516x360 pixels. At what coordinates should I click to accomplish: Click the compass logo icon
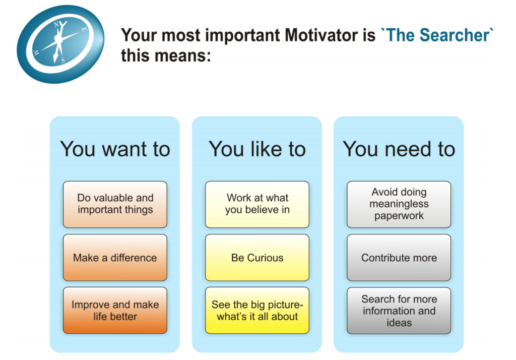(60, 44)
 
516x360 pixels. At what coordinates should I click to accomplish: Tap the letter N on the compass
(56, 24)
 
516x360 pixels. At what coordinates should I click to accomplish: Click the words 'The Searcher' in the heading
(437, 35)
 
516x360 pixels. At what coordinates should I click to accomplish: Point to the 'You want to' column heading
(115, 149)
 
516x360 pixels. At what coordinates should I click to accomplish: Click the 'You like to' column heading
(257, 149)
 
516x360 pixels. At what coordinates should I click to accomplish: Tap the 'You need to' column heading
(399, 149)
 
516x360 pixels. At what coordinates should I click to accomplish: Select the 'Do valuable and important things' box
(115, 204)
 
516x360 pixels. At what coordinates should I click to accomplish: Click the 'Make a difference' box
(115, 258)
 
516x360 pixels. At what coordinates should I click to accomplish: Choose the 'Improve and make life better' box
(115, 310)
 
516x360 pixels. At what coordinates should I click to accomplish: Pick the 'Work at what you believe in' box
(257, 204)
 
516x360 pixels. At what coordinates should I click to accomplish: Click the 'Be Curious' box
(257, 258)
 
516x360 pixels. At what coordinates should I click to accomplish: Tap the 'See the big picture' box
(257, 310)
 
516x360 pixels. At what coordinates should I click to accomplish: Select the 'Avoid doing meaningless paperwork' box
(399, 204)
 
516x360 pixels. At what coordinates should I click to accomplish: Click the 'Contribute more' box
(399, 258)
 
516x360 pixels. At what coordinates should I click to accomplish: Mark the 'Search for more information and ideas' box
(399, 310)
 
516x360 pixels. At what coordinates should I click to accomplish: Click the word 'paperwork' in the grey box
(399, 216)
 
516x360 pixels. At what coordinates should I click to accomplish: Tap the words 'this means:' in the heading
(165, 55)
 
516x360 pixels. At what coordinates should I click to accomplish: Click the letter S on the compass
(62, 61)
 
